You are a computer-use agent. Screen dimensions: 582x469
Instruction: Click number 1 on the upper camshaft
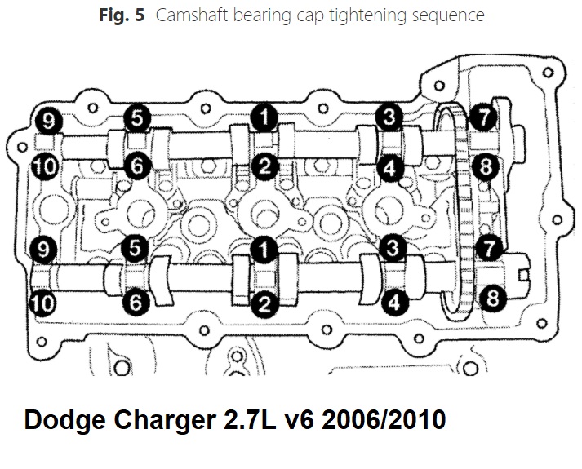tap(264, 118)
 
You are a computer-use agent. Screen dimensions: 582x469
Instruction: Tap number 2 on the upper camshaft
tap(264, 166)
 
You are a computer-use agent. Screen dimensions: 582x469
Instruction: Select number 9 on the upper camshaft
tap(49, 121)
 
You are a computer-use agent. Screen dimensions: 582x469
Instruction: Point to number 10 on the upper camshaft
tap(45, 167)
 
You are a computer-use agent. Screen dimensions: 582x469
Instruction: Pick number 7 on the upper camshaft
tap(483, 117)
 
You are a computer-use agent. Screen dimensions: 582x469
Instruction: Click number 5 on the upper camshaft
tap(137, 118)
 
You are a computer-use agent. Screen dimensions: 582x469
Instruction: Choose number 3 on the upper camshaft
tap(389, 117)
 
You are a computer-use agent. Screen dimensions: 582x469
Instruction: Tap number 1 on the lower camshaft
tap(264, 250)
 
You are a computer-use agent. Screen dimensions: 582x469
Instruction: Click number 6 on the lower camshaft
tap(136, 302)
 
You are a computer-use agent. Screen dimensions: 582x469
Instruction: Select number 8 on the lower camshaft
tap(492, 298)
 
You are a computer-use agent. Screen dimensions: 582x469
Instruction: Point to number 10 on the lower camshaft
tap(43, 303)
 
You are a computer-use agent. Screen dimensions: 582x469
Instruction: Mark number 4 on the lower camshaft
tap(394, 302)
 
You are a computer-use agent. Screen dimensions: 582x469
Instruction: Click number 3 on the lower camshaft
tap(393, 247)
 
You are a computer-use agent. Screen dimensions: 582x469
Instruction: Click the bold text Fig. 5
tap(122, 15)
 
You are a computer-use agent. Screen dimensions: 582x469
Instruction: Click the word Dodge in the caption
tap(64, 420)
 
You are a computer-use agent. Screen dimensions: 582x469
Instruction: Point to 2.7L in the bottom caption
tap(250, 419)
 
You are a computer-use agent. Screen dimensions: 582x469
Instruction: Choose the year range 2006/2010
tap(384, 419)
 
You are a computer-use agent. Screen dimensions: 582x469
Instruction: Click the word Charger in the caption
tap(165, 420)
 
